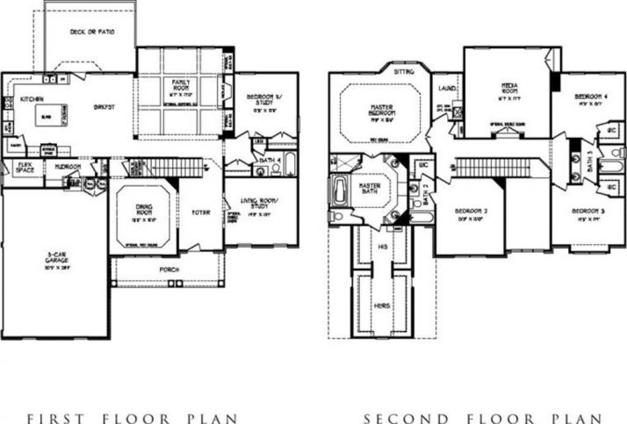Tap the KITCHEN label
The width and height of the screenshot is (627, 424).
(32, 99)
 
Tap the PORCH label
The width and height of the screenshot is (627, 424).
(170, 269)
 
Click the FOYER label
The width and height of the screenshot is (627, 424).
(200, 212)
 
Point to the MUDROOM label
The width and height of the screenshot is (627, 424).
(68, 166)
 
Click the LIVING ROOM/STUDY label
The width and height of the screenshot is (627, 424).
(260, 205)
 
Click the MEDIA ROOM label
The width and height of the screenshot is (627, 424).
(509, 88)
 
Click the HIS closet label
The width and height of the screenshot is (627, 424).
(383, 248)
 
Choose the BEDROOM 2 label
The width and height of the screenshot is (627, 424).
(471, 212)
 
